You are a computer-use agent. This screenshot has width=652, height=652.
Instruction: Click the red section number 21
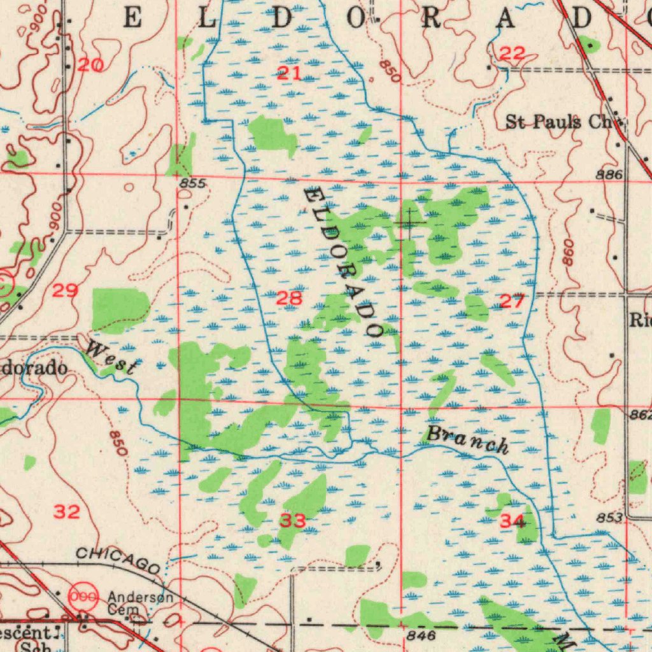point(290,73)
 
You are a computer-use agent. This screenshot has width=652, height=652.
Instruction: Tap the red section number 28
point(290,297)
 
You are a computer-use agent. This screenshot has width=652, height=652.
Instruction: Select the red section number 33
point(293,521)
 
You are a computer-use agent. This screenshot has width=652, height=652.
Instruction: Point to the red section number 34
point(512,522)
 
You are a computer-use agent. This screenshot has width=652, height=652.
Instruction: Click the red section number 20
point(90,65)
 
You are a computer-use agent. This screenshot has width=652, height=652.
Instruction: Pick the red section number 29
point(65,292)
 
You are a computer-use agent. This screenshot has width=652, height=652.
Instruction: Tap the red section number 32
point(66,511)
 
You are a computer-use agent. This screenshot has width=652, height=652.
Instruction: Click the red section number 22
point(511,55)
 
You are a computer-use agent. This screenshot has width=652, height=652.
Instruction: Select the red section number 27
point(511,301)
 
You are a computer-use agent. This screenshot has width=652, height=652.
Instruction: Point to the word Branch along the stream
point(467,440)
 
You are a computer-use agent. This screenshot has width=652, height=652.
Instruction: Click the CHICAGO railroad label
point(118,560)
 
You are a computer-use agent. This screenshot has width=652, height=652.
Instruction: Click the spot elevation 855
point(192,184)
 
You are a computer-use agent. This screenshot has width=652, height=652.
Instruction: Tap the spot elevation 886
point(609,174)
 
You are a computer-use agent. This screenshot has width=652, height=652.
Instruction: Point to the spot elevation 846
point(420,635)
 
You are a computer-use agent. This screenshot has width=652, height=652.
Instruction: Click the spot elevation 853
point(609,518)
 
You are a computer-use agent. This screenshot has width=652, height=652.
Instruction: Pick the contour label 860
point(569,252)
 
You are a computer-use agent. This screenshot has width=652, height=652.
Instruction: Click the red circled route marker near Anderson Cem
point(83,596)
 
